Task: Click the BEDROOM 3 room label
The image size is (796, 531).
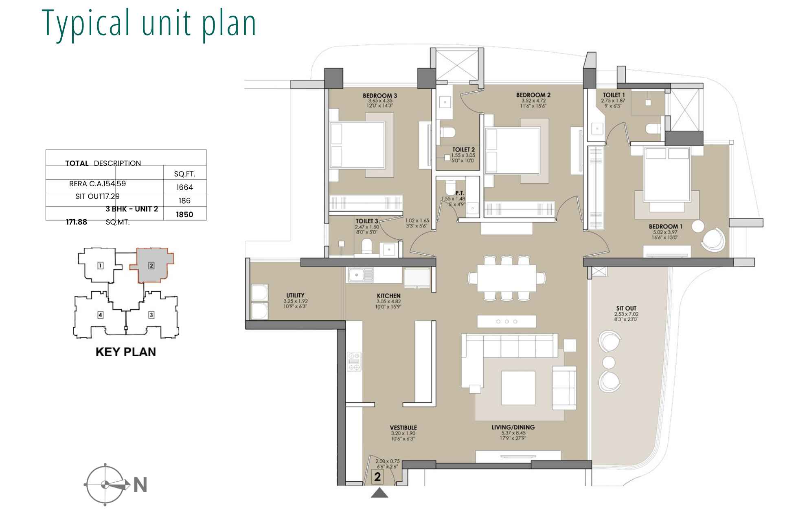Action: [379, 96]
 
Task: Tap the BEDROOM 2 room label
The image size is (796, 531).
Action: [533, 95]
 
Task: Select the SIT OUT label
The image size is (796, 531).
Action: [626, 308]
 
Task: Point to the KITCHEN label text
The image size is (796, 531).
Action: [388, 296]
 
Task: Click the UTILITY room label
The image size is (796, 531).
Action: [295, 295]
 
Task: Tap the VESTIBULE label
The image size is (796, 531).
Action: [403, 428]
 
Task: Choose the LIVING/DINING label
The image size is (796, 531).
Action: [513, 427]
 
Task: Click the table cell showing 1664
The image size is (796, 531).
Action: [184, 187]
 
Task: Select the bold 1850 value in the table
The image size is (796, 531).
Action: [184, 215]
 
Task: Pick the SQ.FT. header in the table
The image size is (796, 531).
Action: [184, 174]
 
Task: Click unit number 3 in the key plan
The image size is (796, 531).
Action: [151, 315]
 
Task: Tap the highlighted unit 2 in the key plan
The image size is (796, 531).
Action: [151, 266]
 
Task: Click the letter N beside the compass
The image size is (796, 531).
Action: [140, 485]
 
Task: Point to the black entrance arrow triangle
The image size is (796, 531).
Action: [379, 494]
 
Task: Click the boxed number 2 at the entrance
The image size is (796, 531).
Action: [377, 477]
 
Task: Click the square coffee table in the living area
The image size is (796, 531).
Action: [518, 388]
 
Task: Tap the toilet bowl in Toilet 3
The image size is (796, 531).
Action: [367, 247]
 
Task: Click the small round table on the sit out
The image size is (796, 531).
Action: [609, 362]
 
